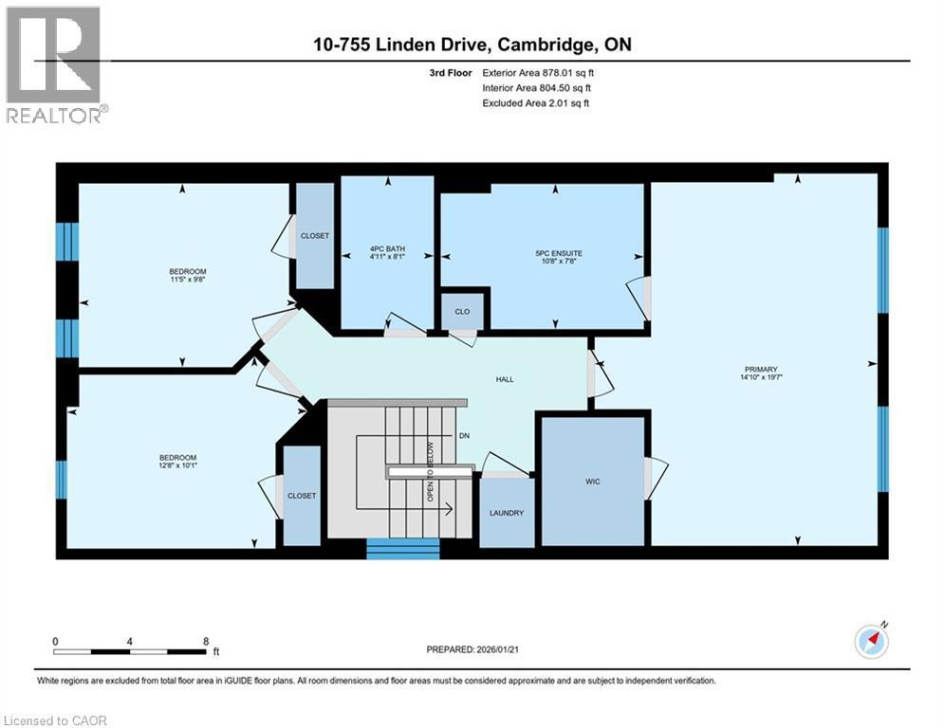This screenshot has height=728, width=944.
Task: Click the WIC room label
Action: (592, 482)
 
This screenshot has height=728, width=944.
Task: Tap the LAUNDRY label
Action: (507, 513)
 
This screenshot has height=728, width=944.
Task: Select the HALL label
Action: (505, 379)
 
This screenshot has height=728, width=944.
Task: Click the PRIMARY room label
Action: (761, 369)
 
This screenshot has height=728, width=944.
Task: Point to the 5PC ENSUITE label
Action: (559, 253)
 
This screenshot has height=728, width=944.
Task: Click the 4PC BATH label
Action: (387, 248)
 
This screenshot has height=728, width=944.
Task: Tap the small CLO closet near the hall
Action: (462, 311)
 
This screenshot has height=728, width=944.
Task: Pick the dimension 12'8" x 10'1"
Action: (177, 465)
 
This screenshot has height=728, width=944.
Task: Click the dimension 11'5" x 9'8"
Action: (188, 280)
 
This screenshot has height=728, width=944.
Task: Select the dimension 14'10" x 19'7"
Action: (761, 377)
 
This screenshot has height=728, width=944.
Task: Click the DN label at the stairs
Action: (464, 435)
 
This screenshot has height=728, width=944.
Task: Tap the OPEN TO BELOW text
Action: (431, 471)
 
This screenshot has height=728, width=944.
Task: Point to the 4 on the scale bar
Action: (129, 642)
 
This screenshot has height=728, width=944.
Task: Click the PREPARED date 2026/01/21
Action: (472, 649)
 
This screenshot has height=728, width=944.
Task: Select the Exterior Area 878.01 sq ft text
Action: (538, 73)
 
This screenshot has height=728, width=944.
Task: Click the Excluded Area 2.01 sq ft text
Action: (536, 103)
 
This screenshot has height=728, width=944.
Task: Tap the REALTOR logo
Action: (57, 65)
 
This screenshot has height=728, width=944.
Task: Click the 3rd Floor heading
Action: (451, 73)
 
